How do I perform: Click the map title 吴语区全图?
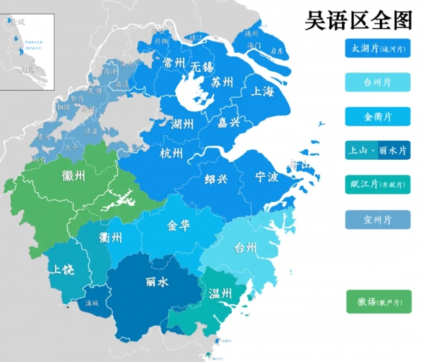point(358,20)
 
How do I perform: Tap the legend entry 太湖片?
point(378,49)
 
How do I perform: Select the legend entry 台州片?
point(378,82)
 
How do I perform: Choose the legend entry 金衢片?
point(378,116)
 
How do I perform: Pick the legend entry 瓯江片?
point(378,185)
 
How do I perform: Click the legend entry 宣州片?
point(378,220)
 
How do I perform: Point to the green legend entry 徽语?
point(378,301)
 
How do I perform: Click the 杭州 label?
point(172,154)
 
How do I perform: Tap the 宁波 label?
point(267,176)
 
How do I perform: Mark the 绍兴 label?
point(217,179)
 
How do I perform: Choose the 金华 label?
point(178,226)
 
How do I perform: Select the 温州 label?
point(220,293)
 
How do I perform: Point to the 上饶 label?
point(60,269)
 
